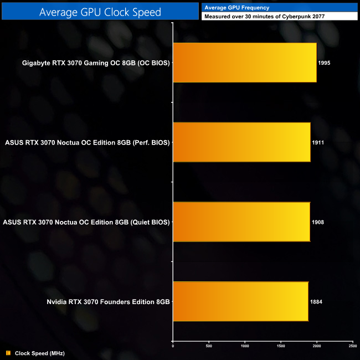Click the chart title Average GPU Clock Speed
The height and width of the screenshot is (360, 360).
click(x=99, y=12)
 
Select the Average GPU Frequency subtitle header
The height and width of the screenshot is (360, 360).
click(x=236, y=7)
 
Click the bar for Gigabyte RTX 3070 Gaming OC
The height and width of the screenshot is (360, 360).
click(x=245, y=63)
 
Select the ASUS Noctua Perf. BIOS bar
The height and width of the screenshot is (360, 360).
click(x=241, y=142)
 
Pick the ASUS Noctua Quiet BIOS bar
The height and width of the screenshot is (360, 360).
click(x=241, y=222)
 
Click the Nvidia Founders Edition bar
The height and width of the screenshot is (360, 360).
click(x=240, y=301)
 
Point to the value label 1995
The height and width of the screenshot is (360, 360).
click(x=325, y=63)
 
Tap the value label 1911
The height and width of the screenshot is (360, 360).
click(x=318, y=142)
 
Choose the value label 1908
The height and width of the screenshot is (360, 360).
click(x=318, y=222)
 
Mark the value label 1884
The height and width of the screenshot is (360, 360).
click(x=316, y=302)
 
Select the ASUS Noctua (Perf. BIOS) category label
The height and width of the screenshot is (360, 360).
click(x=87, y=142)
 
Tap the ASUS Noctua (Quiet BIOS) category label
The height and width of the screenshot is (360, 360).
click(x=86, y=222)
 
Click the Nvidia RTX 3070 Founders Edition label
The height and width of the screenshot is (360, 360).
click(x=109, y=302)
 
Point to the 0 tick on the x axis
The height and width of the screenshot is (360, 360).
click(x=173, y=346)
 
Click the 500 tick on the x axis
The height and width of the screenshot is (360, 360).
click(x=209, y=346)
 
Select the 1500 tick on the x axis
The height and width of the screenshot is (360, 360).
click(x=281, y=346)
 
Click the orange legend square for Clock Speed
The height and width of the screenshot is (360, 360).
click(x=8, y=353)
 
